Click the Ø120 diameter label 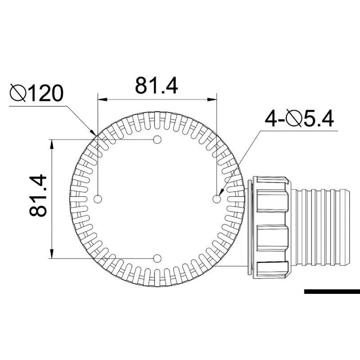(36, 93)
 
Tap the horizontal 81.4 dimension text (156, 85)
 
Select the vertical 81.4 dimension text (38, 196)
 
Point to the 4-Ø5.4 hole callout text (299, 119)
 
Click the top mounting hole (157, 139)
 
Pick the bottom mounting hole (157, 258)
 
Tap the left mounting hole (98, 199)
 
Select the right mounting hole (216, 199)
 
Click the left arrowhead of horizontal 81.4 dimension (103, 99)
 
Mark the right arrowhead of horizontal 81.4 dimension (212, 99)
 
